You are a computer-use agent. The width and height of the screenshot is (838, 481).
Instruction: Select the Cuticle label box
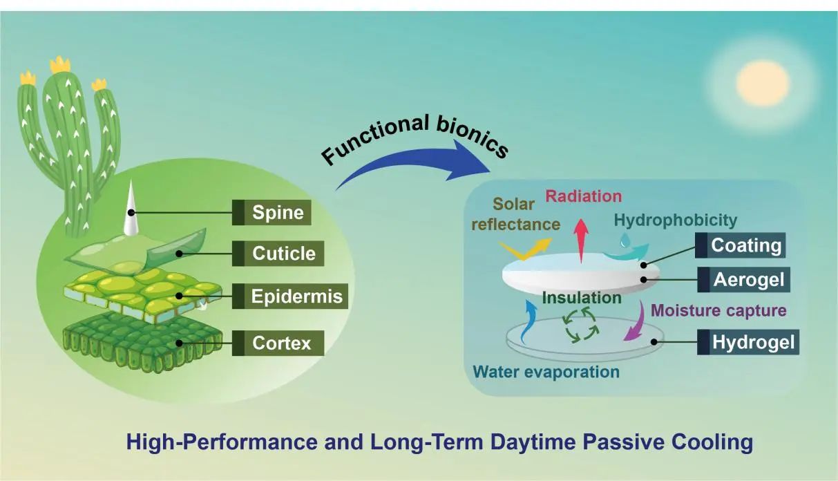283,254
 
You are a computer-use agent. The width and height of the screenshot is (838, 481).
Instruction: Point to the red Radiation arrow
581,236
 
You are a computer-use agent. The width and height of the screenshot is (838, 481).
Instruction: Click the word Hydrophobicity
675,220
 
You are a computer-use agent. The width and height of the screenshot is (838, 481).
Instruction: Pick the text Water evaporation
546,372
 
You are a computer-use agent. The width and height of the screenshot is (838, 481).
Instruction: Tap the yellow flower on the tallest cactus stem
60,64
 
